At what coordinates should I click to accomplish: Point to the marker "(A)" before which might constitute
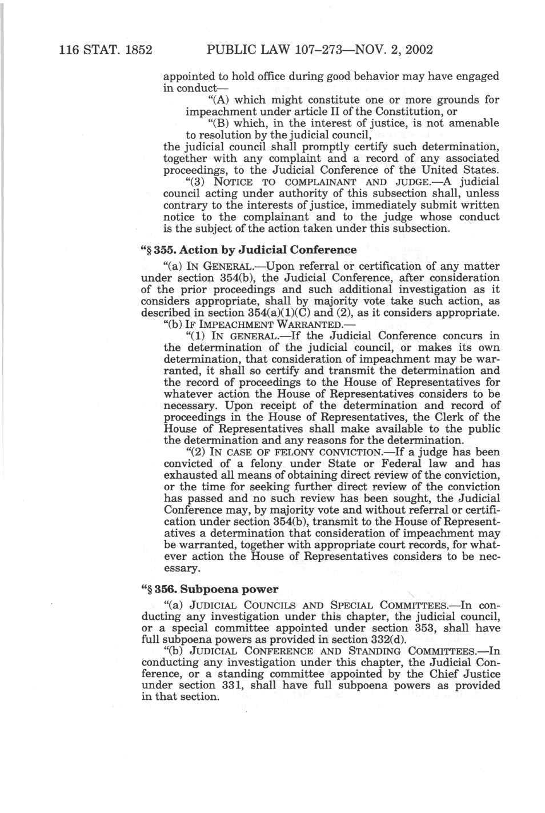(219, 99)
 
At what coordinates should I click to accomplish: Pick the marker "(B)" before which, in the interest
(219, 123)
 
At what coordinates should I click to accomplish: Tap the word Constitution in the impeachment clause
(415, 111)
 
